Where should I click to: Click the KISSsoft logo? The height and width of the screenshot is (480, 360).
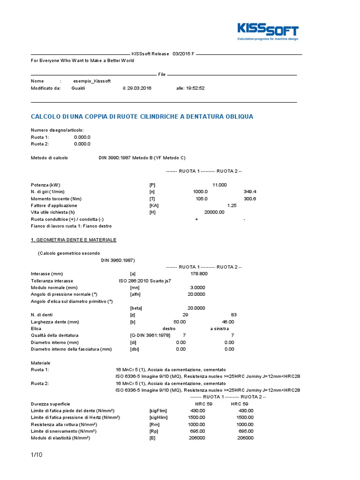pos(268,32)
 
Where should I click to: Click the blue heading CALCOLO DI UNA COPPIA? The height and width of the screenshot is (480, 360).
pos(142,116)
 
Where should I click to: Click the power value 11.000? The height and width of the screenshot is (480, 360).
pos(219,185)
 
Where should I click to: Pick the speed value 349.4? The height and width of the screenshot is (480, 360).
pos(250,192)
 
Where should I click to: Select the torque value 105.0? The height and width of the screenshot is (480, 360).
pos(201,199)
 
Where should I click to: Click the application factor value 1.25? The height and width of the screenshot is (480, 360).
pos(231,206)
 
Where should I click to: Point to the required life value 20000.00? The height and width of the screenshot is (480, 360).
pos(214,212)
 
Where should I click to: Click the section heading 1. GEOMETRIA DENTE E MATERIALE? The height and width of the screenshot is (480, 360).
pos(74,240)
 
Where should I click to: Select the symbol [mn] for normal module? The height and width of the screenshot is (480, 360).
pos(135,287)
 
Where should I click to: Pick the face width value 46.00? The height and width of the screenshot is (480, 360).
pos(228,322)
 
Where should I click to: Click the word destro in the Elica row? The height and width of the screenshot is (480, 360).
pos(169,329)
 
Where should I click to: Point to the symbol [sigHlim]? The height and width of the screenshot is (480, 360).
pos(158,417)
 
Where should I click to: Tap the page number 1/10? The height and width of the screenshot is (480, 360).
pos(37,454)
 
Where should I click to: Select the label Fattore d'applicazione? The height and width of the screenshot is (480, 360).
pos(54,206)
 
